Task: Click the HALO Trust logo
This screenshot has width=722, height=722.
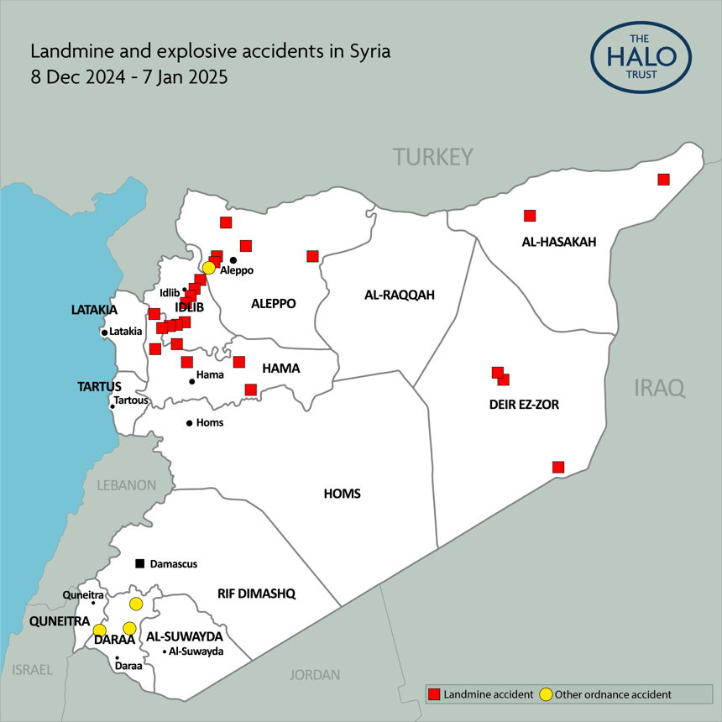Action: pos(641,57)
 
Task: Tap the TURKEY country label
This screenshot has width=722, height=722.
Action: pos(433,157)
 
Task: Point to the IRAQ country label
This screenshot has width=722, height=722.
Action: pos(659,387)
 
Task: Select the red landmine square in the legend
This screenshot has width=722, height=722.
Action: pos(434,694)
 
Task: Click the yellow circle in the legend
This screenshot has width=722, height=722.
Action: pos(546,694)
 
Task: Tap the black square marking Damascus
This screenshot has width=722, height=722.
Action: pos(140,563)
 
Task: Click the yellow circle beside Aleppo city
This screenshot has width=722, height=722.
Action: pos(209,267)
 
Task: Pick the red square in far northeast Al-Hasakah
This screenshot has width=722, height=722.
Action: pos(663,179)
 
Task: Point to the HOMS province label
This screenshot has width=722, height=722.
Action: pos(342,494)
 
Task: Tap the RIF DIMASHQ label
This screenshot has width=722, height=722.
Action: pos(256,594)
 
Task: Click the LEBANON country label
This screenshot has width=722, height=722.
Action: pos(126,485)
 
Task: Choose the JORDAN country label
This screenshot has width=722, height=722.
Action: pos(315,675)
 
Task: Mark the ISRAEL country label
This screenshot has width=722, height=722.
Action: pos(32,670)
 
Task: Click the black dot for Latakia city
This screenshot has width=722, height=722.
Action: pos(104,332)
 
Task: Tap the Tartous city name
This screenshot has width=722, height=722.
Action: pos(131,400)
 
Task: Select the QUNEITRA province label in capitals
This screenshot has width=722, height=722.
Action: pos(59,621)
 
